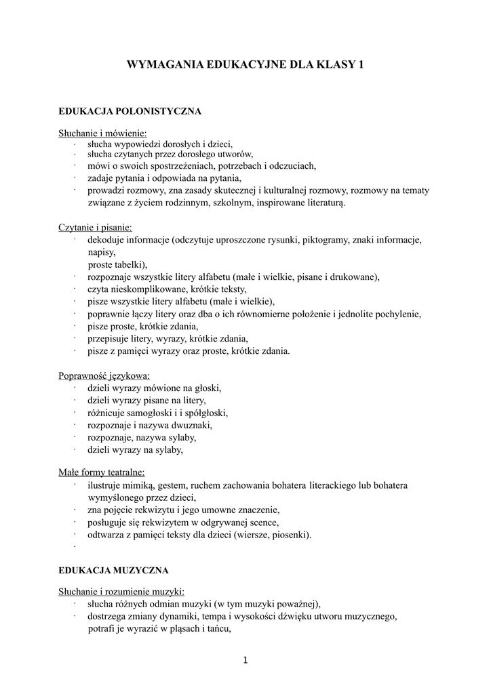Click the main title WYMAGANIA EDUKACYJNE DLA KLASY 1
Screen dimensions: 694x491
point(245,65)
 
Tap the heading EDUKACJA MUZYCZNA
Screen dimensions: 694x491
point(113,571)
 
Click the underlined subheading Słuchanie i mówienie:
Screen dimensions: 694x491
point(102,134)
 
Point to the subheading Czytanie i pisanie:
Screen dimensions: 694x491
point(95,228)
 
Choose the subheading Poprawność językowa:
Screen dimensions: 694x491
point(104,375)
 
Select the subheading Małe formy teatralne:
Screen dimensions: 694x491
point(101,473)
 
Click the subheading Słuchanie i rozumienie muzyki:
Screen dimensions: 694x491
point(121,591)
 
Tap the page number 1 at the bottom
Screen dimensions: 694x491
point(245,661)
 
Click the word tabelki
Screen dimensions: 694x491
point(129,264)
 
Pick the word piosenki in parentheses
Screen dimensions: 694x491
point(290,535)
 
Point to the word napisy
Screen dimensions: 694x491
point(101,252)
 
